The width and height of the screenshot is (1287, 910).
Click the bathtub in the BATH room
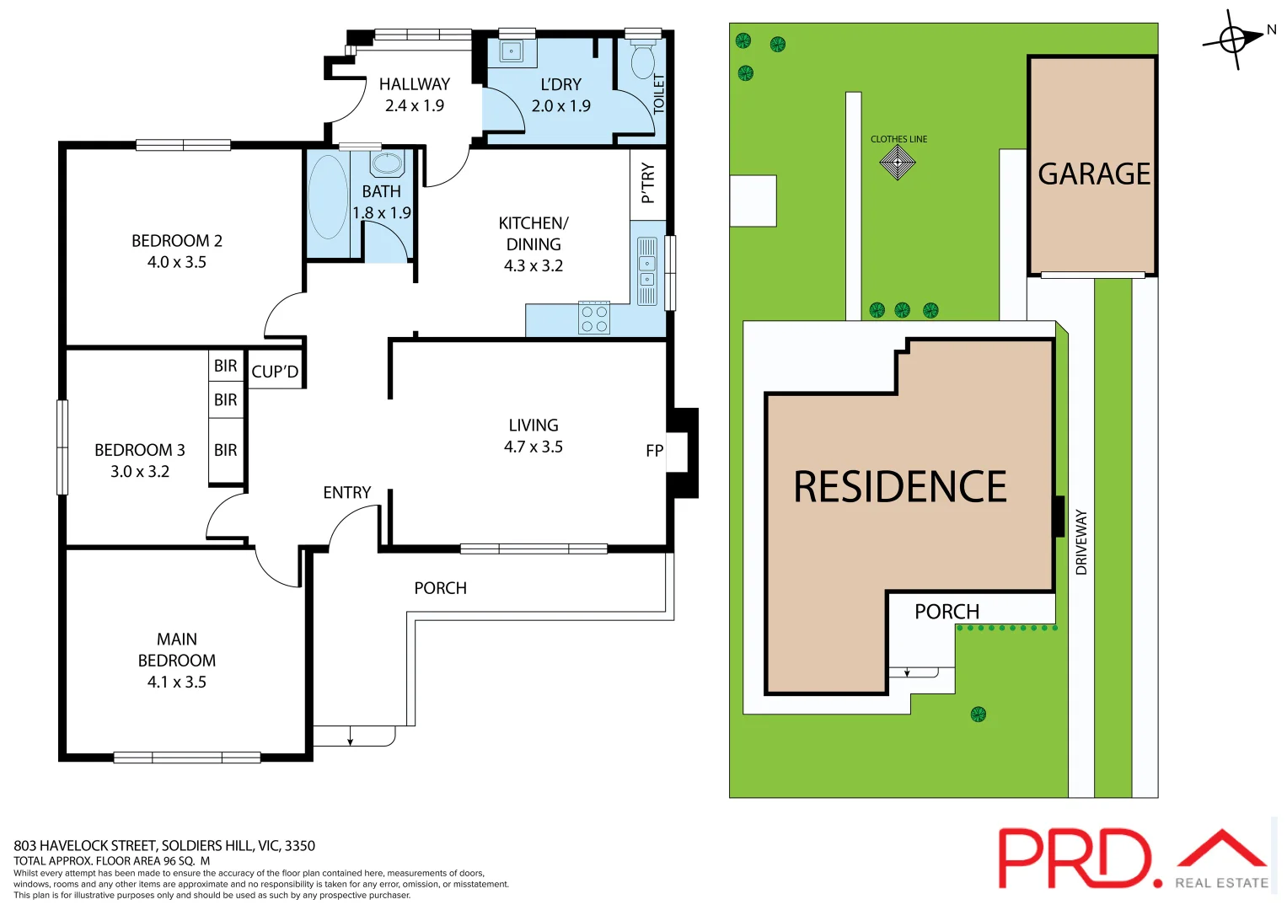(328, 197)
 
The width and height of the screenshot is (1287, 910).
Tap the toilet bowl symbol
(642, 62)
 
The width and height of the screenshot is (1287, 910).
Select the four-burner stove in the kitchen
(594, 318)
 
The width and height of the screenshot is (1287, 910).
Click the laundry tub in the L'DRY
(512, 51)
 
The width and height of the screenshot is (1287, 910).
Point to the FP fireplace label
(654, 451)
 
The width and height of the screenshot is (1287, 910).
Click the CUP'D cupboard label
(275, 372)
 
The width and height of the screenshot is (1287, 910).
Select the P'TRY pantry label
(647, 183)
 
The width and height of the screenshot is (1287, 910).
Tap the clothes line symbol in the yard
(898, 162)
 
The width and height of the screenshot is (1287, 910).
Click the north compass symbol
(1233, 39)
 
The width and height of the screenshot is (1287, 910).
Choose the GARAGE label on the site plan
(1093, 174)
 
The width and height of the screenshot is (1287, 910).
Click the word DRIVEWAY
(1081, 542)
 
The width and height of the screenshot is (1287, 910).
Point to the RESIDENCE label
(899, 487)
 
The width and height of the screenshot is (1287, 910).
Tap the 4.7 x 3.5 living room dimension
(533, 447)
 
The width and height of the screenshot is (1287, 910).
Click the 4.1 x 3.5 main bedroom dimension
(177, 682)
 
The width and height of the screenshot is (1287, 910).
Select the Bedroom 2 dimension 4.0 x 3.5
(177, 262)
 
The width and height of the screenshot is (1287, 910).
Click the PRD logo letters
(1075, 858)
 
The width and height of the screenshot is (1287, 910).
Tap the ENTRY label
(346, 492)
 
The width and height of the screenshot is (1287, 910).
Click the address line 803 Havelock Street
(164, 845)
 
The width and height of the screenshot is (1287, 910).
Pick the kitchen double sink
(647, 270)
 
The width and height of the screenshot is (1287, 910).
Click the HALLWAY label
(414, 84)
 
